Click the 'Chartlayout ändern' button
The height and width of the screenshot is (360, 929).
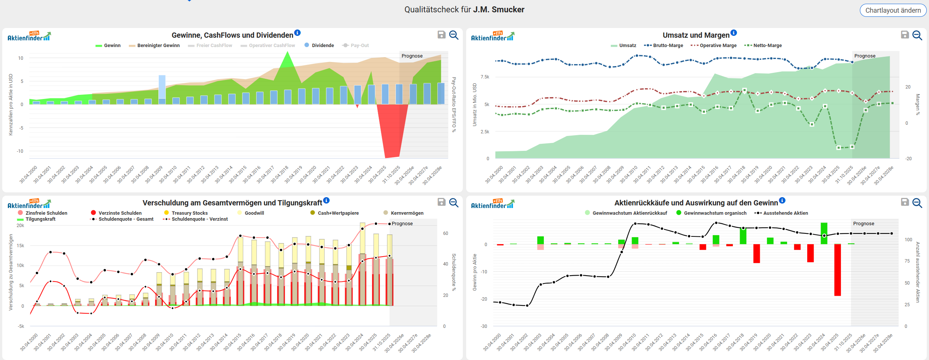(893, 10)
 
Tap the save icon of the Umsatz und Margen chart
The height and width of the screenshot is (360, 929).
(905, 35)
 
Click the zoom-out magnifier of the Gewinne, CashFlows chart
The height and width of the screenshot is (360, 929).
(453, 35)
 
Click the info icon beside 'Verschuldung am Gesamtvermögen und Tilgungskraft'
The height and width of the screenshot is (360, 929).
(326, 201)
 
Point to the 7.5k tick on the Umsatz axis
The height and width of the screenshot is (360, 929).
(485, 77)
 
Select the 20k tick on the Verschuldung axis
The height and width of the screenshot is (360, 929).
(21, 226)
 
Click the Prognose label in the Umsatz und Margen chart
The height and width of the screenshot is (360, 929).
(865, 56)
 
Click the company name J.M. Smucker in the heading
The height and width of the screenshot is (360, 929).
(499, 10)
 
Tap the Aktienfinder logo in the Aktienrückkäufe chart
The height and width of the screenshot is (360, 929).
(492, 204)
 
